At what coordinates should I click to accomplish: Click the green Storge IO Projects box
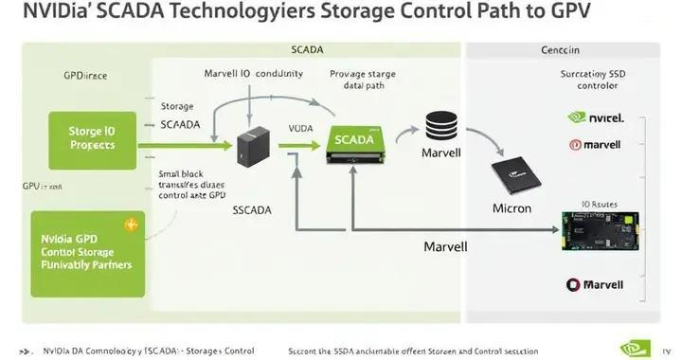(92, 138)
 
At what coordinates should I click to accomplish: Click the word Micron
(512, 208)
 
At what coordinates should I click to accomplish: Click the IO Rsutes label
(599, 204)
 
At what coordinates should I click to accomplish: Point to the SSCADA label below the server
(253, 211)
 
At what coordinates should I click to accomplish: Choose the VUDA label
(300, 128)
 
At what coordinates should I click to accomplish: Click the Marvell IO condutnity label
(253, 73)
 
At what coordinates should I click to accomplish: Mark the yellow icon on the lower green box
(131, 225)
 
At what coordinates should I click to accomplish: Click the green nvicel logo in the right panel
(594, 118)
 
